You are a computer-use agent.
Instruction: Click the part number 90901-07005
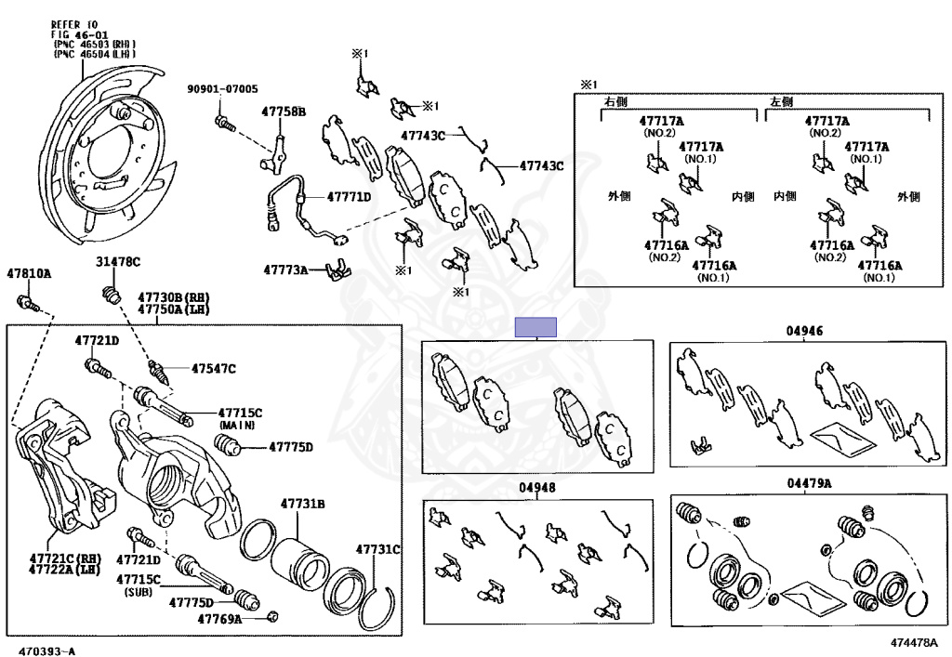[x=222, y=88]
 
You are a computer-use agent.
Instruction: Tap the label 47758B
[x=284, y=112]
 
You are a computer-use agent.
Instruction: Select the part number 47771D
[x=348, y=197]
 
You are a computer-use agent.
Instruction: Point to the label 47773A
[x=285, y=269]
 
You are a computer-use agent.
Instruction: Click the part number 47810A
[x=30, y=274]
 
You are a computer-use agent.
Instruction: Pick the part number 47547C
[x=214, y=369]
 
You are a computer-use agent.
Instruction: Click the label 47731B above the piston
[x=302, y=504]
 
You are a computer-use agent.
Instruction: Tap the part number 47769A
[x=219, y=618]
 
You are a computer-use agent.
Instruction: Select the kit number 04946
[x=805, y=331]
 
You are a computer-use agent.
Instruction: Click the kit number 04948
[x=537, y=488]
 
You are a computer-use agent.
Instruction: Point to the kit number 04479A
[x=809, y=483]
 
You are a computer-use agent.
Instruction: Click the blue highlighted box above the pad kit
[x=536, y=327]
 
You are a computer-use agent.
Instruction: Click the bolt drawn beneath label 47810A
[x=26, y=302]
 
